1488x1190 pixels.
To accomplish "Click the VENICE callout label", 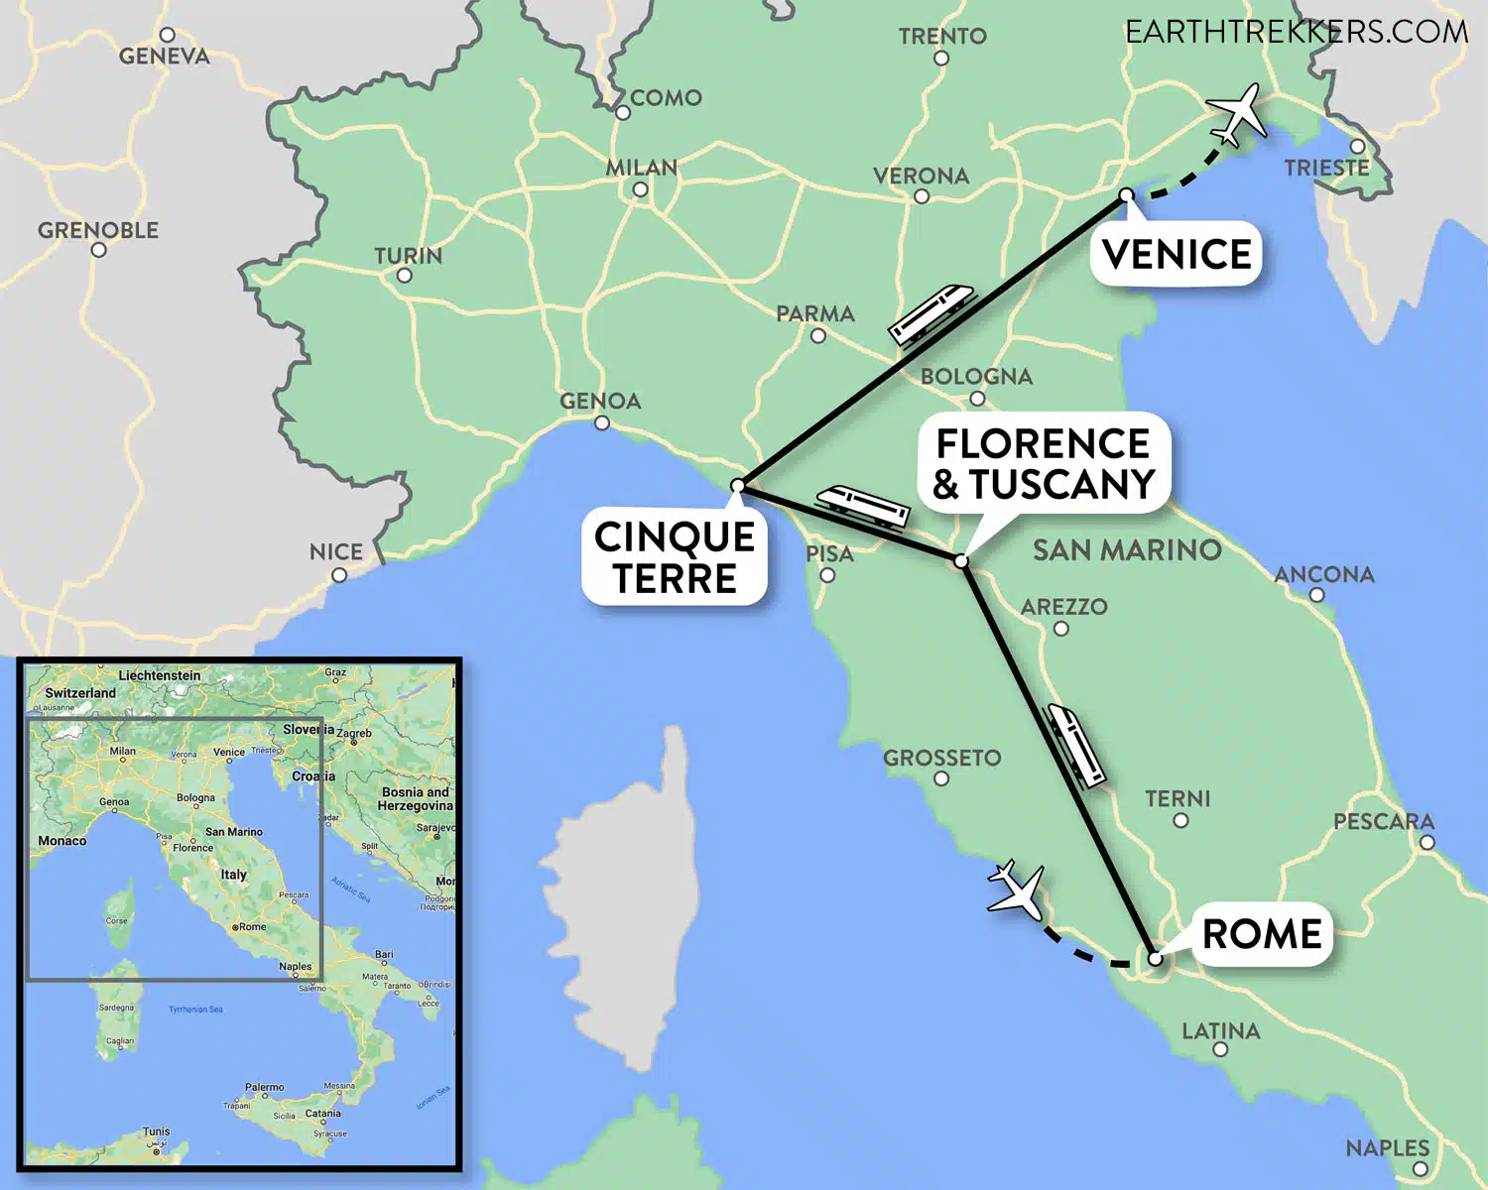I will (x=1177, y=255).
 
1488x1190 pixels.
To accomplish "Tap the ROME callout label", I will (x=1261, y=933).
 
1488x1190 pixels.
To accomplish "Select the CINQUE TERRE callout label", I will (x=675, y=557).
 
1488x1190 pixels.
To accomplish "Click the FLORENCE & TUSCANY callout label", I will (x=1044, y=463).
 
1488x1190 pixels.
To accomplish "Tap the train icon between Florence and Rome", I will (x=1077, y=745).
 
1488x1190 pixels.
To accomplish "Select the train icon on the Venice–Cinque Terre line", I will (x=931, y=313).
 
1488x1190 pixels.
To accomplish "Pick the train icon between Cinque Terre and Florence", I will (x=862, y=506).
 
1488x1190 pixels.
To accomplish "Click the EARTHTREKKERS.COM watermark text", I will (x=1296, y=32).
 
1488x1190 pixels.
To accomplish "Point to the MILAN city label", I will (x=642, y=168).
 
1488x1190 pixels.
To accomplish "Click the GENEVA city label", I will (x=165, y=57).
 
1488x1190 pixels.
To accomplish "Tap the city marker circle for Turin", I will (x=405, y=276).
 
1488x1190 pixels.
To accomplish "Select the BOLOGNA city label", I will (x=976, y=377).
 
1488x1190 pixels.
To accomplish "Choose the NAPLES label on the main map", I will (x=1387, y=1147).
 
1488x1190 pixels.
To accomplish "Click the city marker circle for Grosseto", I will (x=941, y=778).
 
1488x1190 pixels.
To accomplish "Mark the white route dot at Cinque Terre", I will (x=737, y=486).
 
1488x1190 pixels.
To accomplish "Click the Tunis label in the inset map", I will (x=156, y=1131).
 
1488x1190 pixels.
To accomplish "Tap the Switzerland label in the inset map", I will (x=80, y=693).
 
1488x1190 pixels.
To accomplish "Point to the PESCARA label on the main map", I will (x=1383, y=821).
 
